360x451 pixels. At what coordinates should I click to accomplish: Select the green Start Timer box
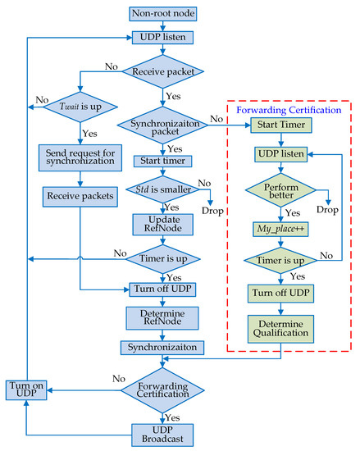[282, 125]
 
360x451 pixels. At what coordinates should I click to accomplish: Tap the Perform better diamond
[282, 192]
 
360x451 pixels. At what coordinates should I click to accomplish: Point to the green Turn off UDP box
[282, 291]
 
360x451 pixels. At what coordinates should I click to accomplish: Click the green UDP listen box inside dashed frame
[282, 154]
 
